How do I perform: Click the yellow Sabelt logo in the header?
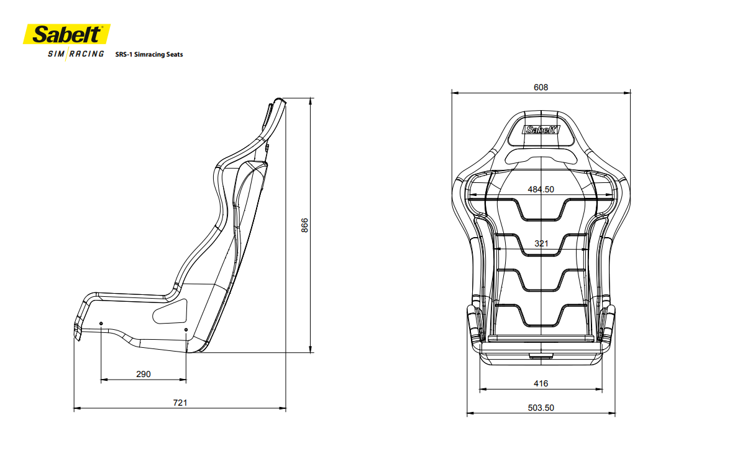(66, 34)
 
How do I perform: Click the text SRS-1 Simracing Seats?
(149, 55)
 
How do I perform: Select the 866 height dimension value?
(304, 225)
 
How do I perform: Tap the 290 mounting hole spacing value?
(144, 374)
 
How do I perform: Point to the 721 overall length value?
(180, 403)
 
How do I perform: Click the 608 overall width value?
(541, 88)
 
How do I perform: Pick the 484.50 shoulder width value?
(541, 189)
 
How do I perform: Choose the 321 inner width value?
(541, 244)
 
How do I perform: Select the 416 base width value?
(541, 384)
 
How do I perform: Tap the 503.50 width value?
(541, 408)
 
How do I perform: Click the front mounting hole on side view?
(101, 323)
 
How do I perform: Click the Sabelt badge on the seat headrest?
(541, 130)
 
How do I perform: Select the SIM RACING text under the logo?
(76, 54)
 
